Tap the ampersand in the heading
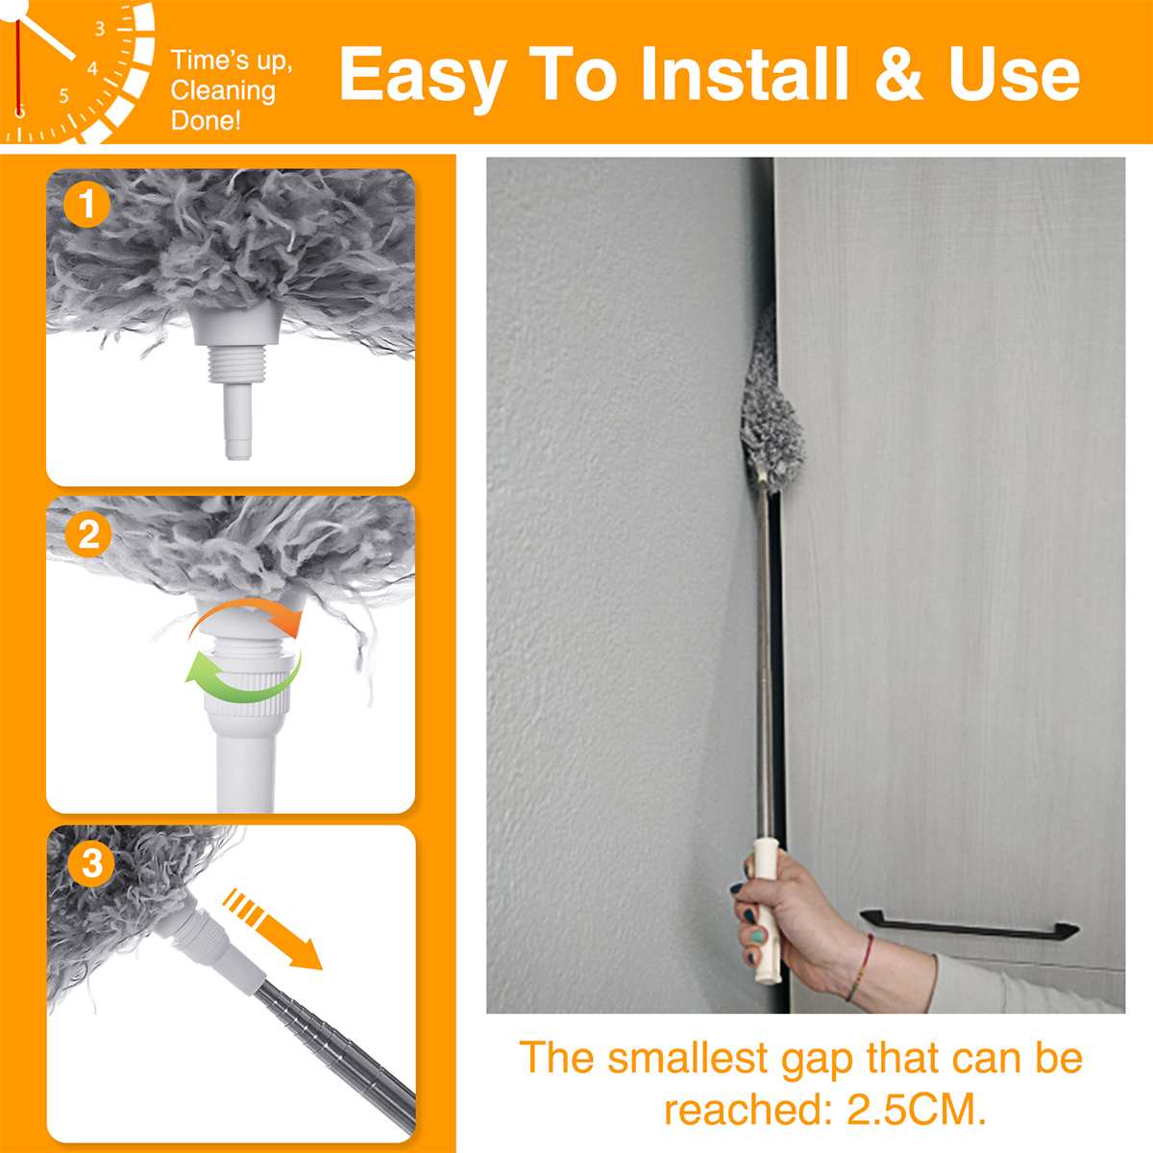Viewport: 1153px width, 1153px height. pos(897,75)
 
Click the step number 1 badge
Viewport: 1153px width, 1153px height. pos(87,206)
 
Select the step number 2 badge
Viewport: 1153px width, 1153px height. pos(88,534)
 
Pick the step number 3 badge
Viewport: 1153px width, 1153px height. pos(91,863)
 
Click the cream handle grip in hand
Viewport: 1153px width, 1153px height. pos(767,903)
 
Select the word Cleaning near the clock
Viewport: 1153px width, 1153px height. pos(223,91)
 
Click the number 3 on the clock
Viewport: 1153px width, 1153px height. pos(100,29)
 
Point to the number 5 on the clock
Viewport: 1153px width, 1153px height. pos(63,95)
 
